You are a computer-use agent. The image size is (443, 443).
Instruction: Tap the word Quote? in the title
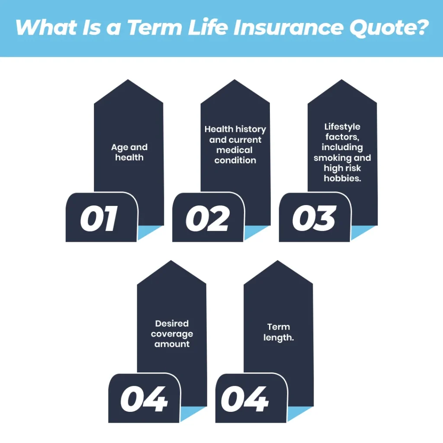pyautogui.click(x=389, y=28)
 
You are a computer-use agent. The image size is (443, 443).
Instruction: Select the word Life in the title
pyautogui.click(x=208, y=27)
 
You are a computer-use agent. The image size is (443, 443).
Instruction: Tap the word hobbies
pyautogui.click(x=343, y=178)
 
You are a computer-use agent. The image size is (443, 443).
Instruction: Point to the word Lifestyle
pyautogui.click(x=342, y=127)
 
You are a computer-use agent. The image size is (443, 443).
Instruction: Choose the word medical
pyautogui.click(x=234, y=150)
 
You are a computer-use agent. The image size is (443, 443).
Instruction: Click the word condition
pyautogui.click(x=235, y=160)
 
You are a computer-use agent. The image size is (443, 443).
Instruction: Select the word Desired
pyautogui.click(x=172, y=324)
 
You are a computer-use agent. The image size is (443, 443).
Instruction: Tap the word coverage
pyautogui.click(x=172, y=334)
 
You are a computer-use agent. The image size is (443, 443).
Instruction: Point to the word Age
pyautogui.click(x=119, y=148)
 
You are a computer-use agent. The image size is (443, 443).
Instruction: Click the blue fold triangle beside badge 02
pyautogui.click(x=256, y=232)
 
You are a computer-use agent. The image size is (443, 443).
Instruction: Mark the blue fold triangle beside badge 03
pyautogui.click(x=363, y=232)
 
